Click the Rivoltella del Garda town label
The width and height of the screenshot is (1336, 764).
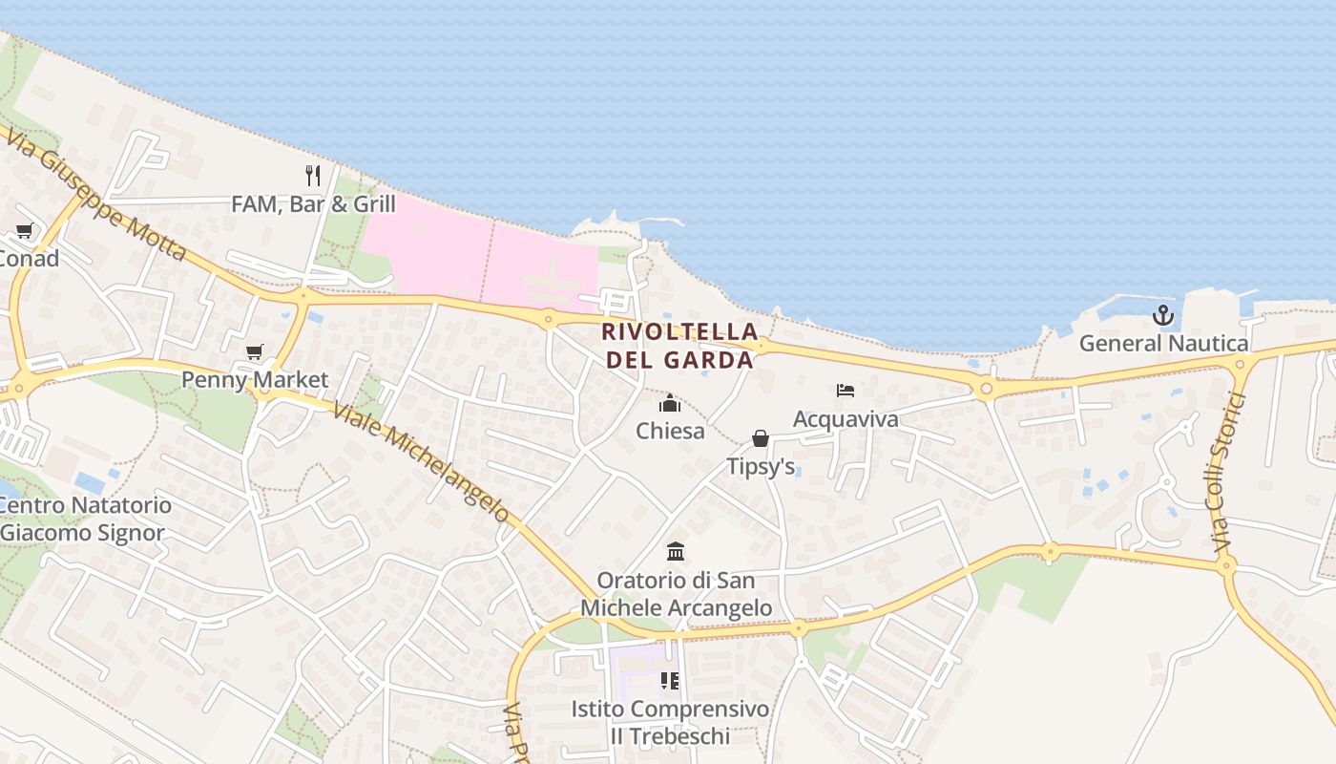(680, 346)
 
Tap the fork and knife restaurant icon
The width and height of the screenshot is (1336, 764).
(313, 175)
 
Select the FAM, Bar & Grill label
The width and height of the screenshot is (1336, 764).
(313, 203)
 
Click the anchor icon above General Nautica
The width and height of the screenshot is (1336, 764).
(1163, 315)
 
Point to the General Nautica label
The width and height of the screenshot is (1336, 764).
(1163, 344)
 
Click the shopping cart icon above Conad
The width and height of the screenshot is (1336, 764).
(24, 231)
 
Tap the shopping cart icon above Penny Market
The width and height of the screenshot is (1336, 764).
(254, 352)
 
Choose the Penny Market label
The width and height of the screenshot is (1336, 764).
(255, 379)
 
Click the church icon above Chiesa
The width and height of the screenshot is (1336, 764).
(670, 403)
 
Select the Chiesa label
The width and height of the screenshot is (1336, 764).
(670, 431)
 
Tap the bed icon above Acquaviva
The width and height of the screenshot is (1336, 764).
(845, 391)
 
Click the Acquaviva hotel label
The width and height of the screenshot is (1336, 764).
(845, 419)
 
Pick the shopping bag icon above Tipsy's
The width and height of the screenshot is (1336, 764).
(761, 438)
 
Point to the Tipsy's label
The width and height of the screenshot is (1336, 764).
(761, 467)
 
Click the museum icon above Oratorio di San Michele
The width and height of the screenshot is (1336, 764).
(676, 551)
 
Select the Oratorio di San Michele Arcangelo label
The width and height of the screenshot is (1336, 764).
(676, 594)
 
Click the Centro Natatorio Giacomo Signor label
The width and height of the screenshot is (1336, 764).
(84, 519)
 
